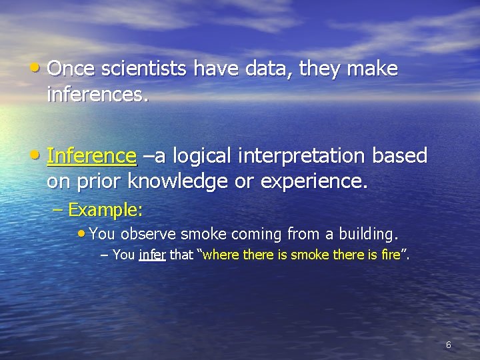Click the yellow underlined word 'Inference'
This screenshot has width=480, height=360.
click(92, 156)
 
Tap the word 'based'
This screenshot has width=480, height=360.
click(399, 156)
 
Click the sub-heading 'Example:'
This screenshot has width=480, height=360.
click(105, 211)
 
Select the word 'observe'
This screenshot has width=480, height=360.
click(149, 234)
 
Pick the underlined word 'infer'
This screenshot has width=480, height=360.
click(152, 255)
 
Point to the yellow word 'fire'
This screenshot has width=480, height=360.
click(391, 255)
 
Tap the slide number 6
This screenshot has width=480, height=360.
click(448, 345)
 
